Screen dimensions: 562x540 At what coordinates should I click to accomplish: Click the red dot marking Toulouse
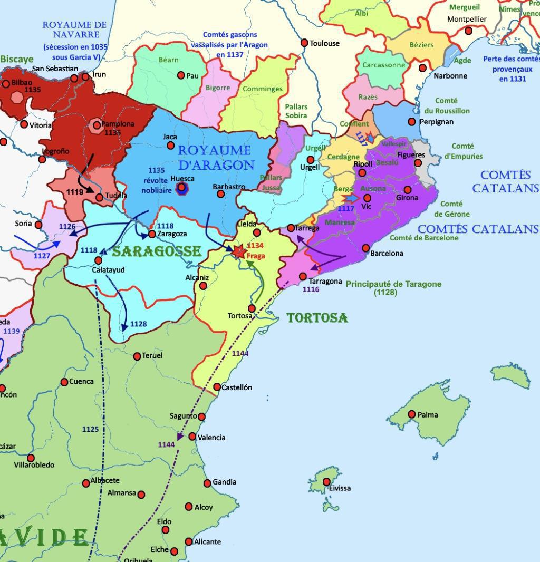(304, 43)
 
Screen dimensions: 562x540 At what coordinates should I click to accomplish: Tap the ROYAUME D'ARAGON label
(216, 157)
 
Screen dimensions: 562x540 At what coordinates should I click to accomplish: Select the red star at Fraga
(239, 251)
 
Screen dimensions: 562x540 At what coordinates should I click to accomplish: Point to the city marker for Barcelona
(366, 248)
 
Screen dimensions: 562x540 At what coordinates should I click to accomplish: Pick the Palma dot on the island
(412, 414)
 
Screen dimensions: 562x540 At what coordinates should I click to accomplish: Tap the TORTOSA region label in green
(317, 318)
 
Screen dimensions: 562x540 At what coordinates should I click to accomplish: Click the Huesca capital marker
(182, 188)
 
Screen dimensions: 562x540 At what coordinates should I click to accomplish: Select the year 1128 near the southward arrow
(138, 324)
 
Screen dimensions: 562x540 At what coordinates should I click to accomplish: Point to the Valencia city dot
(192, 437)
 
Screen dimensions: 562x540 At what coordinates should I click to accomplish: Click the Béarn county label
(169, 60)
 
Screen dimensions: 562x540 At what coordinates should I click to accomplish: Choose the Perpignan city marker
(412, 122)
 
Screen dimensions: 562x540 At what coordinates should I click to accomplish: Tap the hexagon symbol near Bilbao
(17, 98)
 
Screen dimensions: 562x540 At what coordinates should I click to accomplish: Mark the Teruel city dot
(137, 356)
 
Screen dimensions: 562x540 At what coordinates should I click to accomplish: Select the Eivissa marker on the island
(326, 481)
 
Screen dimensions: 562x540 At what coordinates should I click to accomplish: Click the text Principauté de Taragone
(393, 284)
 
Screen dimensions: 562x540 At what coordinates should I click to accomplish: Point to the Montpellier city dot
(468, 31)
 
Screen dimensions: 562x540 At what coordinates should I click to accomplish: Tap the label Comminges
(263, 89)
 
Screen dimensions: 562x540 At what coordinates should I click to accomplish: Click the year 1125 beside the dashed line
(90, 429)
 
